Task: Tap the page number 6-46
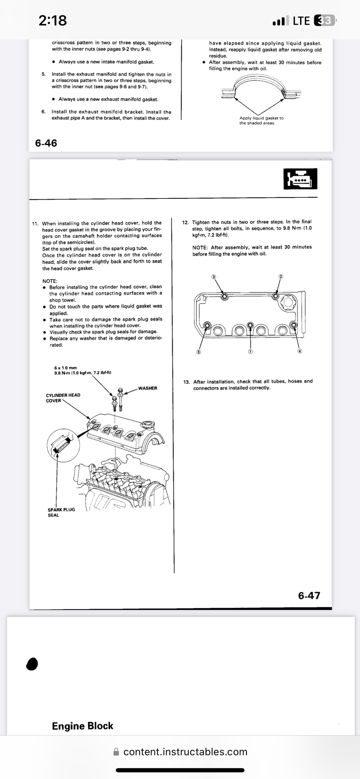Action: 46,143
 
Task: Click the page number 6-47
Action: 309,595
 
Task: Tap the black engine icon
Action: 300,179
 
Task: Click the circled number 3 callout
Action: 214,277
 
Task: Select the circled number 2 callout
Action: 281,276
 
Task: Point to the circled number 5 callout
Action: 198,352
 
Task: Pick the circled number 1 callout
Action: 250,352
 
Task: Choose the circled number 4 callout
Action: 300,351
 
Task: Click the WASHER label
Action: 148,388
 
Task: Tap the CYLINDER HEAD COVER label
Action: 63,398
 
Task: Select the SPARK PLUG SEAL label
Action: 61,512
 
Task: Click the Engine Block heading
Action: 83,726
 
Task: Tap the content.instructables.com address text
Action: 185,752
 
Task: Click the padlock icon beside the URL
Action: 116,752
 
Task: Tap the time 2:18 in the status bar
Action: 53,20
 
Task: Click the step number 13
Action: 186,382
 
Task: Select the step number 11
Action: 35,224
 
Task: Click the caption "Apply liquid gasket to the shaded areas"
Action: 261,121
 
